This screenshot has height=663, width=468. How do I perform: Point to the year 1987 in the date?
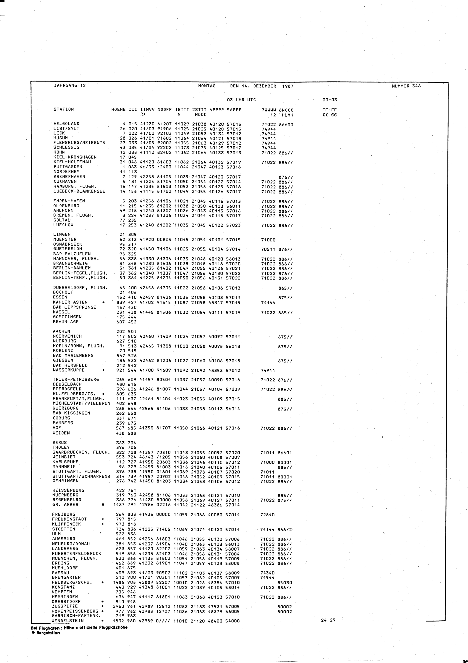(288, 86)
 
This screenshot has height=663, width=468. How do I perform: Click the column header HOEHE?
(118, 109)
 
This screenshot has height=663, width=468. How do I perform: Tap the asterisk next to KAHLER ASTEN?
(103, 302)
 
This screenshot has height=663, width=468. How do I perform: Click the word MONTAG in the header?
(207, 86)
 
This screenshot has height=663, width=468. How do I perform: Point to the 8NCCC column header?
(286, 110)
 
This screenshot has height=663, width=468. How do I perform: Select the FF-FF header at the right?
(330, 110)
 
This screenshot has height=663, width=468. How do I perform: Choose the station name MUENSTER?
(65, 239)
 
